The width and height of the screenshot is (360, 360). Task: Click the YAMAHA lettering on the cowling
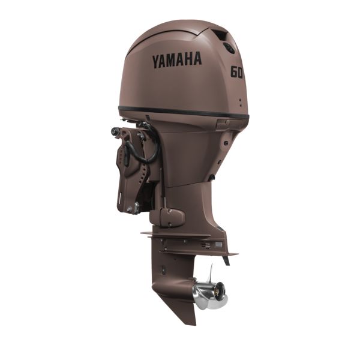(x=177, y=60)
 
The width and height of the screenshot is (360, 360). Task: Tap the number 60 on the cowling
(x=236, y=72)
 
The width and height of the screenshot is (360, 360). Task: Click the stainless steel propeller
(x=210, y=290)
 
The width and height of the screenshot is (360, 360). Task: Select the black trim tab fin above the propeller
(x=226, y=260)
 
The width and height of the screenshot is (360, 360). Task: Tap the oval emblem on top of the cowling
(x=229, y=48)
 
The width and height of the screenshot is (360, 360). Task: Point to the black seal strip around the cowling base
(x=184, y=112)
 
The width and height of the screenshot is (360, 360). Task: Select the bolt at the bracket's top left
(x=115, y=131)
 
